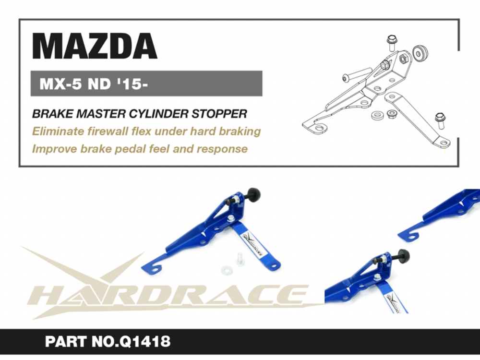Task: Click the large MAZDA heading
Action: coord(95,46)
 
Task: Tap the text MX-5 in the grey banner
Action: coord(60,84)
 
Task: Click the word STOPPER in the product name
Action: coord(219,114)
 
